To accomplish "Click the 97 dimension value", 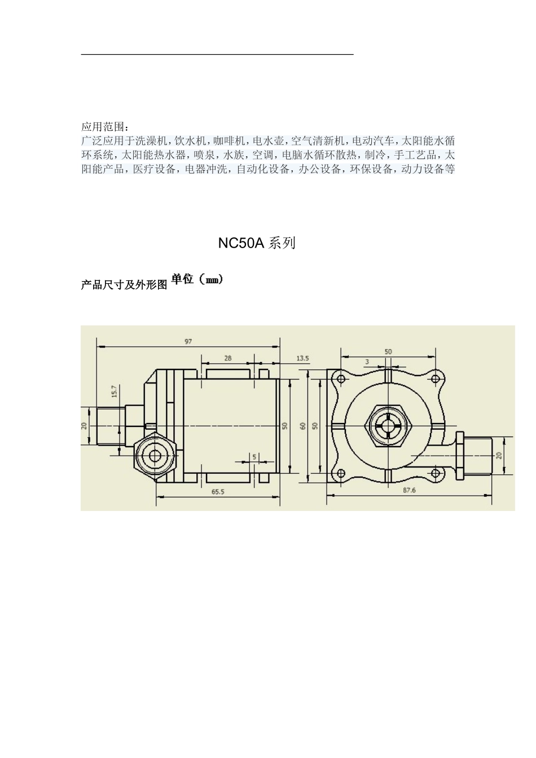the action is [x=188, y=341].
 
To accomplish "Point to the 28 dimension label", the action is [x=228, y=358].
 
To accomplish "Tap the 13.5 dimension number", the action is [x=303, y=358].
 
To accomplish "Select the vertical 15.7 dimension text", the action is [x=114, y=391].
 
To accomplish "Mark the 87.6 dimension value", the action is [x=409, y=490].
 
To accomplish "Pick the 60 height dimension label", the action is [x=303, y=426].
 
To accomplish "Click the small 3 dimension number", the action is [x=367, y=362].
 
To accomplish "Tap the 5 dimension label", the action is [x=254, y=457].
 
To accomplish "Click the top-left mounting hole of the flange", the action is [x=341, y=378].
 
